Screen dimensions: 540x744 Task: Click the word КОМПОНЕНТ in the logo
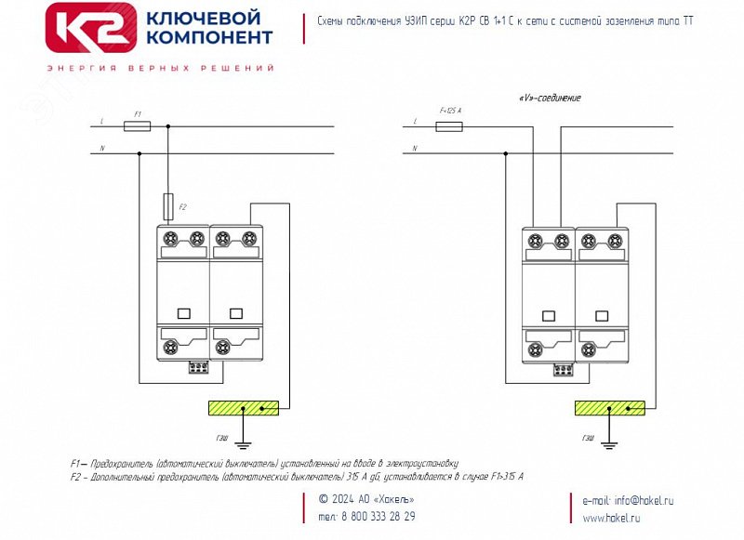pyautogui.click(x=208, y=37)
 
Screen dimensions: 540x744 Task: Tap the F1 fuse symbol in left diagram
pyautogui.click(x=138, y=125)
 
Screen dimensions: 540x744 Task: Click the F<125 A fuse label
pyautogui.click(x=450, y=112)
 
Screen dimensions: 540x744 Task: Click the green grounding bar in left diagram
pyautogui.click(x=243, y=408)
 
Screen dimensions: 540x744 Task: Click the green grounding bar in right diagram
pyautogui.click(x=610, y=408)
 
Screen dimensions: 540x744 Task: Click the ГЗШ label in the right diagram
pyautogui.click(x=588, y=437)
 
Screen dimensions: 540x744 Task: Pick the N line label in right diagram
pyautogui.click(x=415, y=148)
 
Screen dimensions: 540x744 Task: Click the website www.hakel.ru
pyautogui.click(x=611, y=518)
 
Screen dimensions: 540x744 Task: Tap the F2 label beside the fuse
pyautogui.click(x=182, y=206)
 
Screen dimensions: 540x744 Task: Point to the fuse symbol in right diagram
pyautogui.click(x=449, y=125)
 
